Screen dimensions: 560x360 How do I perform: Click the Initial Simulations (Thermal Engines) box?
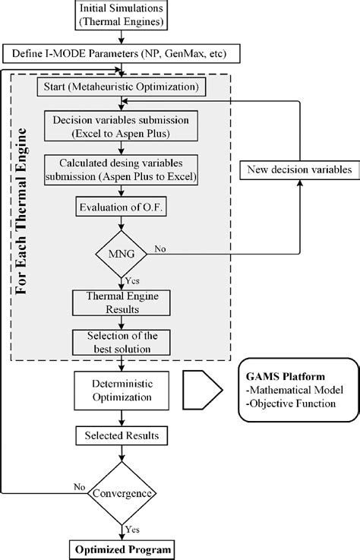(x=120, y=14)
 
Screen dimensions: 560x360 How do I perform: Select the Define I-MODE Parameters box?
(x=120, y=54)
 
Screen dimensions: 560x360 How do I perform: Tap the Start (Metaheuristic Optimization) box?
(x=120, y=87)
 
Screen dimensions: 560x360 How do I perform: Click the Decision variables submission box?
(x=120, y=125)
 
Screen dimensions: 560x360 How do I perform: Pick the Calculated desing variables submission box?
(x=120, y=168)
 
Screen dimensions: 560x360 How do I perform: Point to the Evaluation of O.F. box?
(x=120, y=205)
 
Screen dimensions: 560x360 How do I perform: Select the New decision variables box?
(x=298, y=169)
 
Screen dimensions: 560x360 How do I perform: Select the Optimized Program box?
(x=120, y=549)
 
